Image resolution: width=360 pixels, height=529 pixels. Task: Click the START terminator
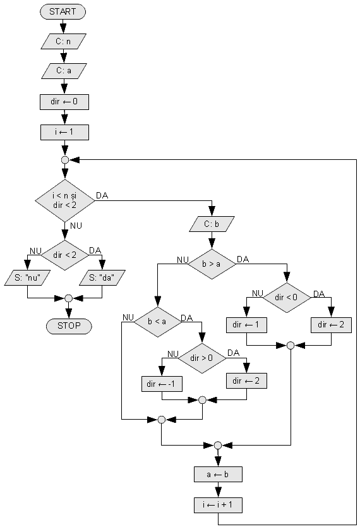(x=63, y=12)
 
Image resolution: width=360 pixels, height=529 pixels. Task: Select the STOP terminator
(x=69, y=326)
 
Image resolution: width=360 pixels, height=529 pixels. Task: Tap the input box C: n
(x=63, y=42)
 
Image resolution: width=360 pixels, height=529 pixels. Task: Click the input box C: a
(x=64, y=71)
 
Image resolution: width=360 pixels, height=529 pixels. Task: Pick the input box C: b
(x=212, y=224)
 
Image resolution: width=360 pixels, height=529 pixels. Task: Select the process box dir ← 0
(x=64, y=102)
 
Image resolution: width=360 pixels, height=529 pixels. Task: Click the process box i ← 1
(x=64, y=132)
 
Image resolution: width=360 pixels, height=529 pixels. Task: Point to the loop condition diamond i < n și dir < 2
(x=64, y=200)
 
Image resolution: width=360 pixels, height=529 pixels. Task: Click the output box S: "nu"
(x=27, y=277)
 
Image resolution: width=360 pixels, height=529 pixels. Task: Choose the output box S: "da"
(x=102, y=277)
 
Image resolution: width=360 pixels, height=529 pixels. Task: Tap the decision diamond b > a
(x=212, y=264)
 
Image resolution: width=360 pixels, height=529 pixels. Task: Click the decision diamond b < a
(x=157, y=322)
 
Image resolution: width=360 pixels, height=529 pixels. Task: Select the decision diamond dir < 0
(x=287, y=297)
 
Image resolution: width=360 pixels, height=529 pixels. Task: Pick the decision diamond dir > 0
(x=202, y=358)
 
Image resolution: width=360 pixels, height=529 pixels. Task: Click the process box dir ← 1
(x=246, y=325)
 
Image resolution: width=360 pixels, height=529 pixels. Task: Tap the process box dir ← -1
(x=162, y=384)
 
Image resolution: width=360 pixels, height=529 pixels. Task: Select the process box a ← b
(x=218, y=475)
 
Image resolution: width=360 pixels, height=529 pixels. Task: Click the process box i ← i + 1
(x=218, y=505)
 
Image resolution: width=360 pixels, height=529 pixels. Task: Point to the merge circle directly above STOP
(x=68, y=298)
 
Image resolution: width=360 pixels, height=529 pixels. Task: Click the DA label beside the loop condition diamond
(x=102, y=196)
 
